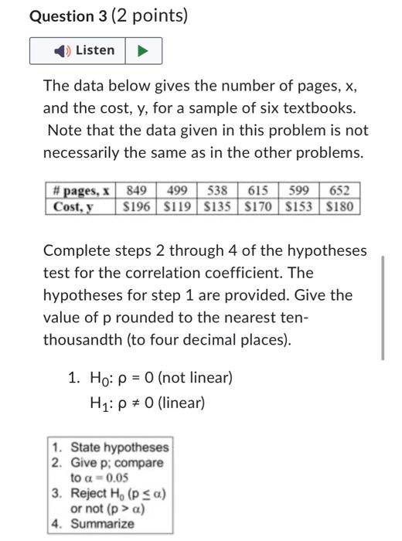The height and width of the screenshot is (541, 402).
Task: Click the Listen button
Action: [x=85, y=51]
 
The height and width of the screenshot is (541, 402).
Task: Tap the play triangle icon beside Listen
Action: [x=142, y=51]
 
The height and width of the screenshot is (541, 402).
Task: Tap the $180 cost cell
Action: [x=339, y=206]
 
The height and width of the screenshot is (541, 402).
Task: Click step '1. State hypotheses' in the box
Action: [x=111, y=447]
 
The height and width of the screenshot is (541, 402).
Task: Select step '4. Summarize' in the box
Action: [x=99, y=523]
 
